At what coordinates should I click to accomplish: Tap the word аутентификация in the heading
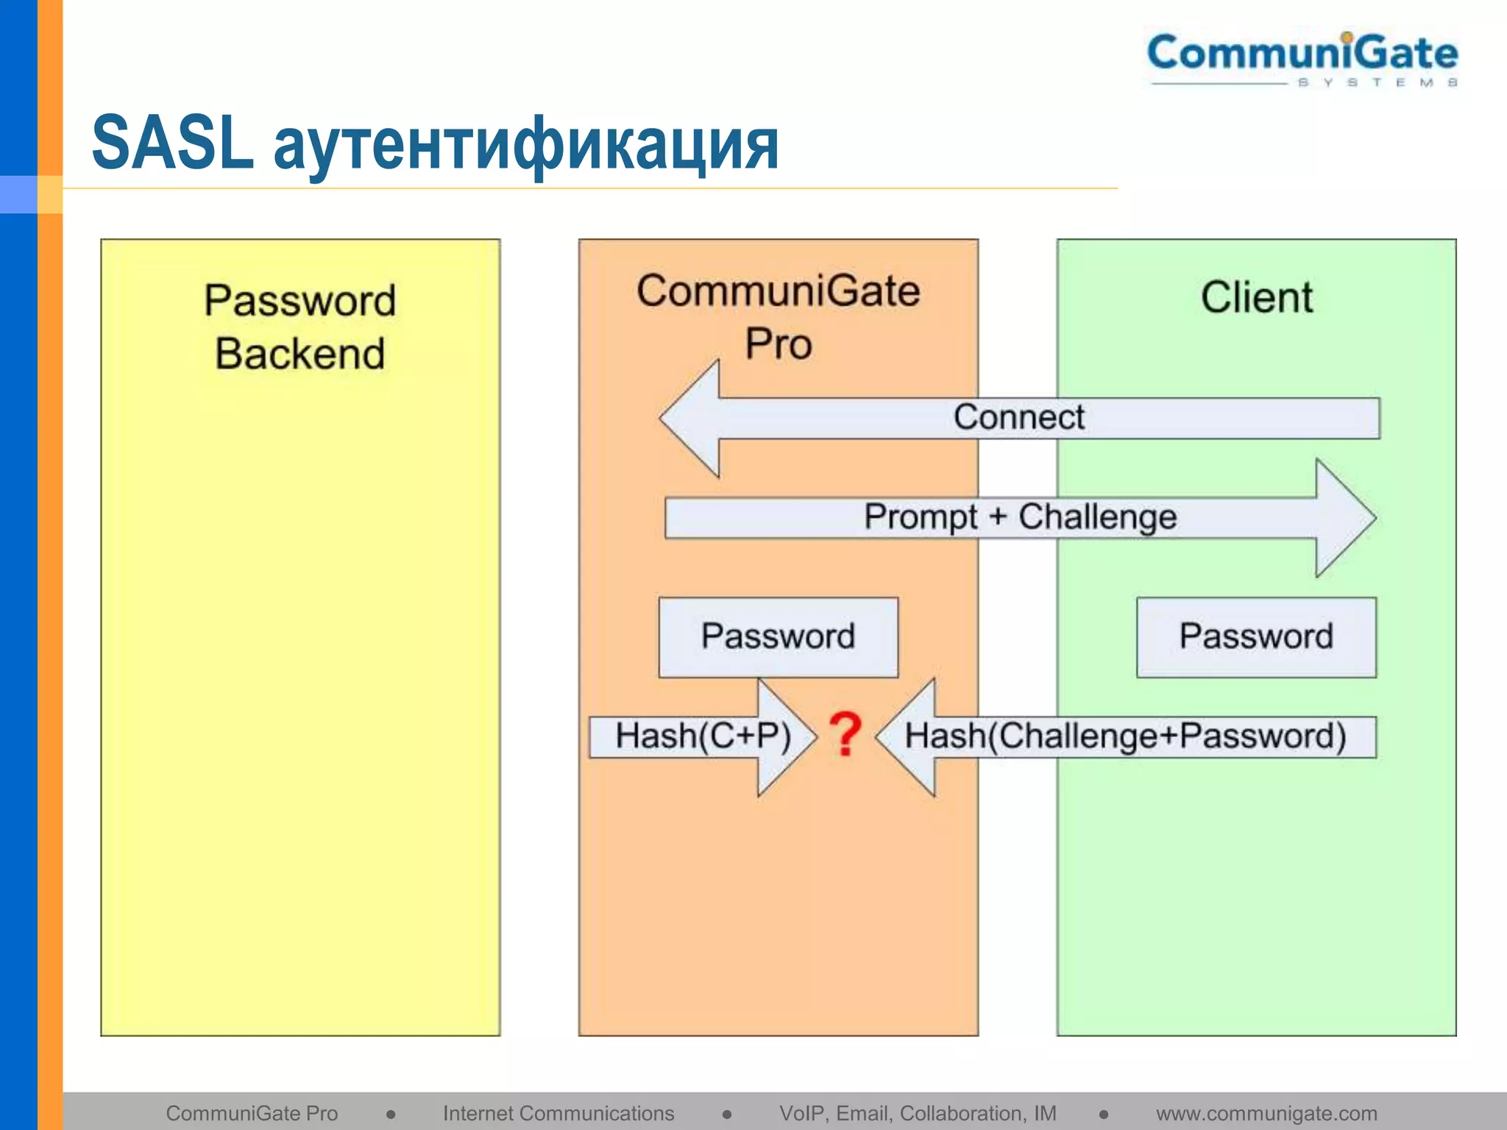click(525, 145)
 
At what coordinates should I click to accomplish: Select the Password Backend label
click(300, 327)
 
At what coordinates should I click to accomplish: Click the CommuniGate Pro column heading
click(779, 316)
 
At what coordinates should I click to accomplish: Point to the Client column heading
click(1257, 297)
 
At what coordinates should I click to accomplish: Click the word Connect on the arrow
click(1019, 417)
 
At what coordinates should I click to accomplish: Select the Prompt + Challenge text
click(1020, 516)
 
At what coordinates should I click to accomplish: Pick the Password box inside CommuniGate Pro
click(779, 636)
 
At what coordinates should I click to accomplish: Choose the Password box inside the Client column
click(1256, 636)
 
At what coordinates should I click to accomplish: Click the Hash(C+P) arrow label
click(703, 736)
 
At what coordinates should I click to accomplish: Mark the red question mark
click(845, 734)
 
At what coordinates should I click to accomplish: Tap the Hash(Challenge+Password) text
click(1126, 736)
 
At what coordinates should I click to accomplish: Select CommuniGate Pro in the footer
click(252, 1113)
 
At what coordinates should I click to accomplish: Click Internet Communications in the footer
click(559, 1113)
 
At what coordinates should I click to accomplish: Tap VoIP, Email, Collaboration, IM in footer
click(918, 1113)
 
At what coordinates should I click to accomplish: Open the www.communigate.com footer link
click(1266, 1113)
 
